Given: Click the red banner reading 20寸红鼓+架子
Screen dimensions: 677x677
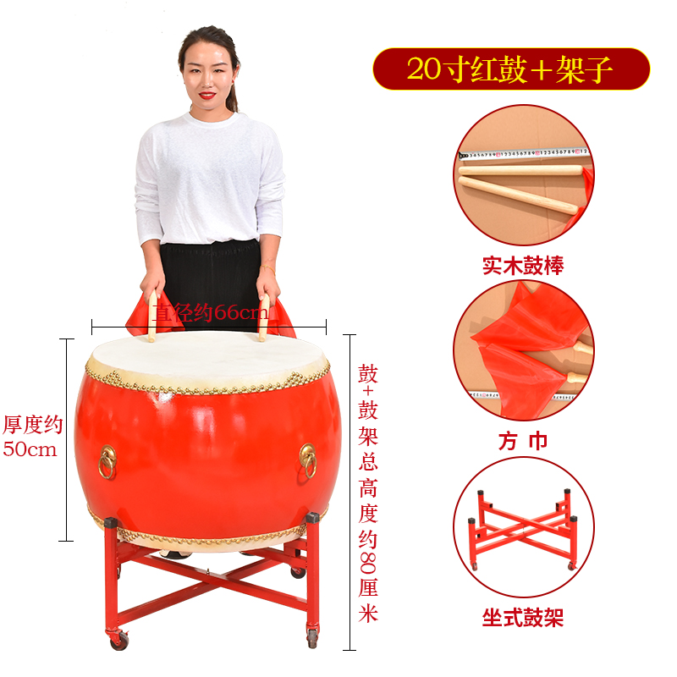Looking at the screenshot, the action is (511, 69).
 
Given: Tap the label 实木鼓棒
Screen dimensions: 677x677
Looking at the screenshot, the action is (523, 266).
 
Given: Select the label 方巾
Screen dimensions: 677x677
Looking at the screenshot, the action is (523, 441).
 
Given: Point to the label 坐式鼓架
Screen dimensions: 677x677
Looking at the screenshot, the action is (523, 617).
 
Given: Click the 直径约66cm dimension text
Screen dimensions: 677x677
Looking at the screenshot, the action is (212, 312).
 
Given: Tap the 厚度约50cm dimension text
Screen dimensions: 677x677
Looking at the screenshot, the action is (33, 437).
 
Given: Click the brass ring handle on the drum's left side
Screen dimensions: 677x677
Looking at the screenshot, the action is (107, 462).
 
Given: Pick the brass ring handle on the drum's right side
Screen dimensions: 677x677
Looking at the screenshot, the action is (308, 460).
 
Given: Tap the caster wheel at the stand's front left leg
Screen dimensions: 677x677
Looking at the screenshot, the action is (119, 640).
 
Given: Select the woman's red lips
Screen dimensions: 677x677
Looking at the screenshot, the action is (207, 95).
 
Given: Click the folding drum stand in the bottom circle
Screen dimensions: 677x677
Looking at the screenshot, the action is (523, 530).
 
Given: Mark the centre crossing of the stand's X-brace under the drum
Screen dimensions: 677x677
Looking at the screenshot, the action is (208, 574).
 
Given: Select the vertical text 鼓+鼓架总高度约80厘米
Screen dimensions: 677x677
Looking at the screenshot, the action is (368, 493).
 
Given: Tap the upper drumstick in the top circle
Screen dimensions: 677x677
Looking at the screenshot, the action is (520, 170).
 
